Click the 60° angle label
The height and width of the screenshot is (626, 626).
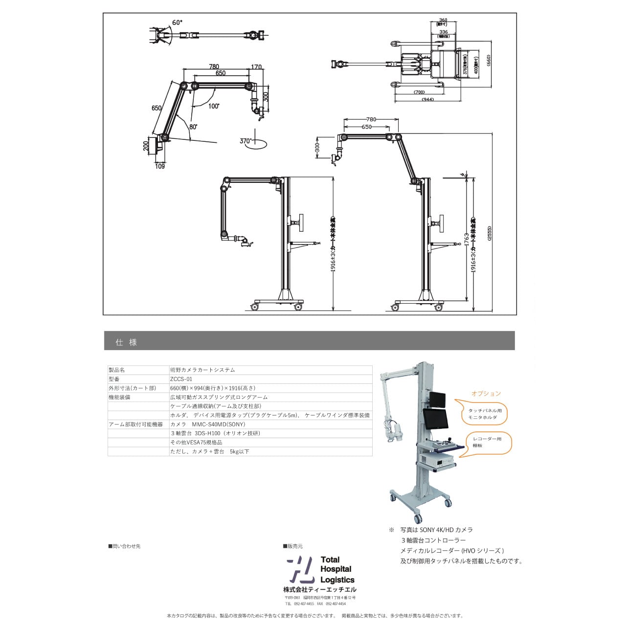(177, 22)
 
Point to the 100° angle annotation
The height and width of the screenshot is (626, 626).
(214, 106)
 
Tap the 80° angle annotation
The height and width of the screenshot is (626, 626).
(193, 126)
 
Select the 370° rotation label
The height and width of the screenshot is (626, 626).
(246, 141)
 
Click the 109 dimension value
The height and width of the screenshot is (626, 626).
(160, 166)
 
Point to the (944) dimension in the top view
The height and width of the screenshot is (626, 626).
(427, 99)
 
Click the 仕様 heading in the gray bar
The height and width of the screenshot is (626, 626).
(126, 342)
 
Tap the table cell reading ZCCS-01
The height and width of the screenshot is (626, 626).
(181, 379)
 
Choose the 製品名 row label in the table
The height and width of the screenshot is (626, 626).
(117, 370)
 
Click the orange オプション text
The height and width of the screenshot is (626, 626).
(486, 393)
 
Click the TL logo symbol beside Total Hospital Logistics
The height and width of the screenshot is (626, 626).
(300, 569)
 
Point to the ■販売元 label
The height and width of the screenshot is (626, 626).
(293, 546)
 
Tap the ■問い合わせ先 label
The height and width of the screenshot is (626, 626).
(124, 546)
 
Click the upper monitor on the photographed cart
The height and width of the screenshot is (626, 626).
(438, 400)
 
